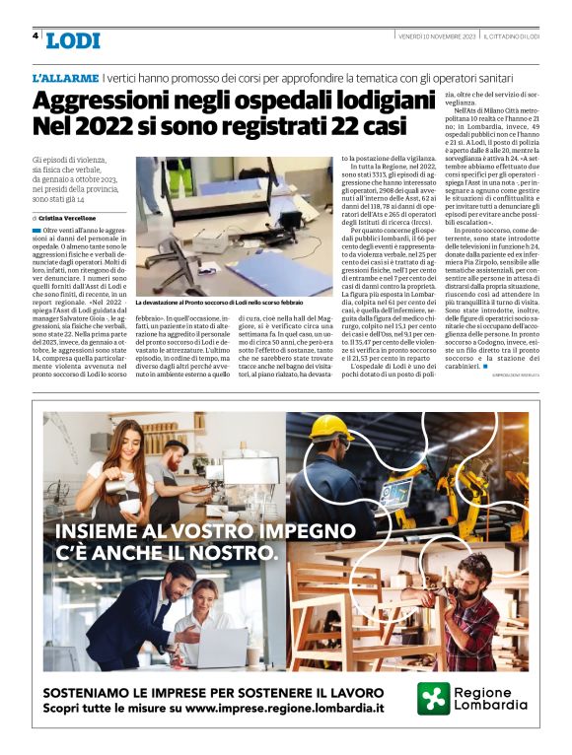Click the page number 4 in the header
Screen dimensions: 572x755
(x=35, y=36)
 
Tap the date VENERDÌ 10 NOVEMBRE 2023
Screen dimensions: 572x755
(x=436, y=36)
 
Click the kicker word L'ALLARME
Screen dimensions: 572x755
(x=64, y=77)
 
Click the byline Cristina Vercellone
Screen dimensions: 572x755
(x=68, y=217)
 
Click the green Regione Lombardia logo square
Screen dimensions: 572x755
(x=433, y=699)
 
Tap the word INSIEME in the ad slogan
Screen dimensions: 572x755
(x=106, y=533)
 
